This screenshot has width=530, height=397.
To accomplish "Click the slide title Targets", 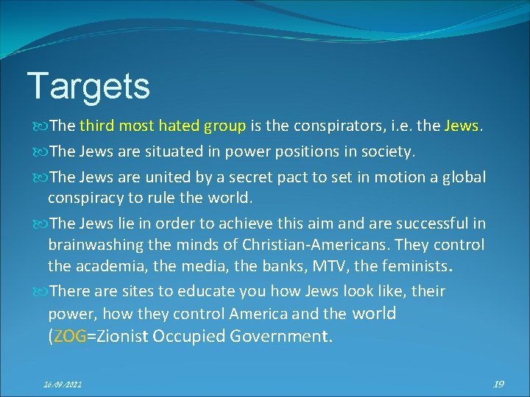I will pos(88,86).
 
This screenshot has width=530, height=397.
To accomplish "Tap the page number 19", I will pos(498,383).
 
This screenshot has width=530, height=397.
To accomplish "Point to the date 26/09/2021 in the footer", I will pos(62,384).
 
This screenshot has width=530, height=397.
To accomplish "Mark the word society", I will pos(389,151).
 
